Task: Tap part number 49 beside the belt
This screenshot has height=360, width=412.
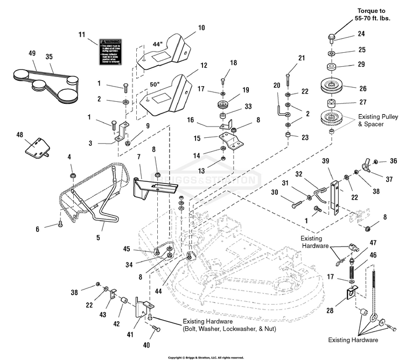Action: (x=32, y=53)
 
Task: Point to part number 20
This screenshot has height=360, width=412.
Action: (x=277, y=86)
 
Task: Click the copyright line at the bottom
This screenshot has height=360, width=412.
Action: (x=206, y=357)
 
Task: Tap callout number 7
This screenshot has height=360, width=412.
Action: (x=139, y=156)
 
